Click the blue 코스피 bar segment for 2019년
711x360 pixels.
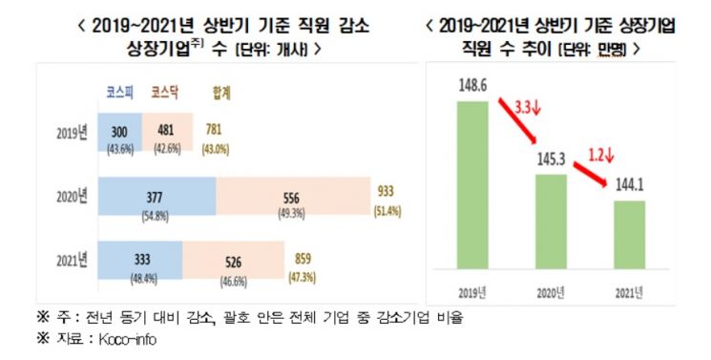tap(119, 132)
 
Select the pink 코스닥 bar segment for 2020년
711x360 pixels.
tap(293, 196)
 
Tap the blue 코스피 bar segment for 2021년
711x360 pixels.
tap(140, 260)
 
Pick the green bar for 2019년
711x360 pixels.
tap(472, 184)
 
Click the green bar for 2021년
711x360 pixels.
tap(629, 235)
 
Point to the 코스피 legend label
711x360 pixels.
tap(119, 93)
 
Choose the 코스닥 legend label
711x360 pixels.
tap(164, 93)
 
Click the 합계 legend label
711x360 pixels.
tap(221, 93)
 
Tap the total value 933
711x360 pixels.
tap(386, 191)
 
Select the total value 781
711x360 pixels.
tap(213, 129)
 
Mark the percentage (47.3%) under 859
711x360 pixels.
tap(302, 277)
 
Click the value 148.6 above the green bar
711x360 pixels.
tap(472, 86)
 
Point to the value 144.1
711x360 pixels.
tap(629, 184)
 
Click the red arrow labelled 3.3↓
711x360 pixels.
tap(517, 120)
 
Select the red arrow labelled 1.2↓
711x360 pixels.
tap(591, 174)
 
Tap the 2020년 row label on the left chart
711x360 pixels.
tap(72, 197)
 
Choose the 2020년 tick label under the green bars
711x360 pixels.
tap(551, 293)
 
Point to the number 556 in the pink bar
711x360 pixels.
tap(291, 198)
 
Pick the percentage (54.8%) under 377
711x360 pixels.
tap(155, 216)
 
